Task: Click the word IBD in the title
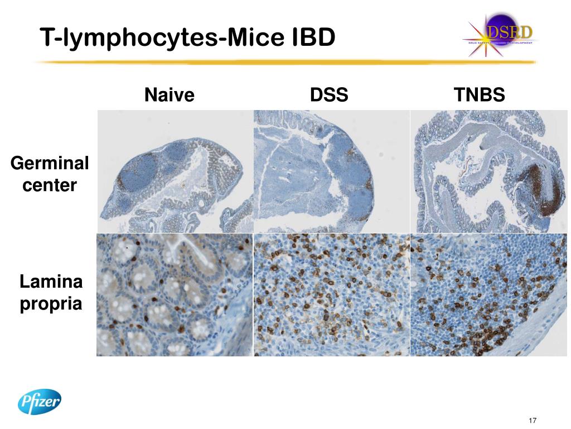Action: tap(313, 37)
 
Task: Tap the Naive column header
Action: tap(170, 95)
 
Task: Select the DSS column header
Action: tap(329, 95)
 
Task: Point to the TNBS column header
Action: tap(480, 95)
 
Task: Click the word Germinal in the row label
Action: tap(50, 164)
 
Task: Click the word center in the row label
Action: tap(50, 185)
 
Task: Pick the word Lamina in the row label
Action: tap(51, 282)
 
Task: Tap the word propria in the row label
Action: tap(51, 304)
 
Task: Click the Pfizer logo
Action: tap(39, 402)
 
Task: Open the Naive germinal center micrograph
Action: tap(175, 171)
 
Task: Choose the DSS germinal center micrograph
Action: tap(331, 171)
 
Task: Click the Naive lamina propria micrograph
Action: tap(175, 295)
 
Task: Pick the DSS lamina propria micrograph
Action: tap(331, 295)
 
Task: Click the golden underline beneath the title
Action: tap(284, 62)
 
